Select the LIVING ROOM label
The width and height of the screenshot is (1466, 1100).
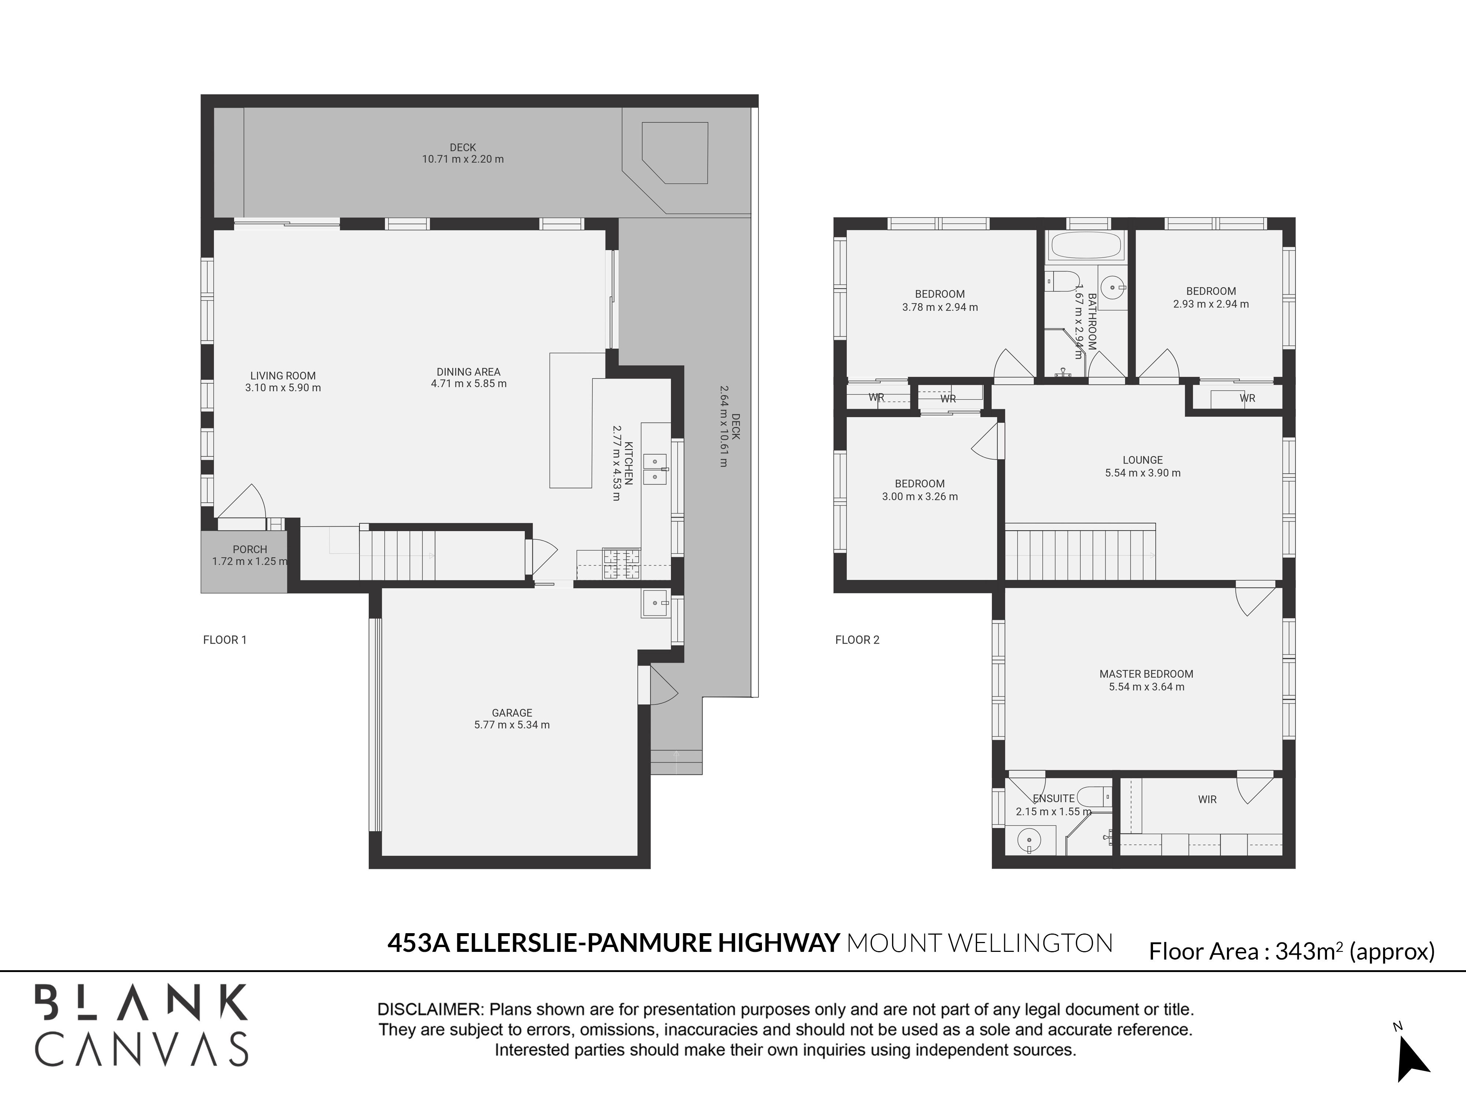[x=283, y=376]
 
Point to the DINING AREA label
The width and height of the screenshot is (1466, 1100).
[x=468, y=372]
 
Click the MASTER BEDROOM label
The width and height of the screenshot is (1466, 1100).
[x=1146, y=674]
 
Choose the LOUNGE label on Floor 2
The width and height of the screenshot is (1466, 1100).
[x=1143, y=459]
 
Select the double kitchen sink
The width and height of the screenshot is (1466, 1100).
[x=655, y=469]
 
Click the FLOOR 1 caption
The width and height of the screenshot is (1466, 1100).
[x=225, y=640]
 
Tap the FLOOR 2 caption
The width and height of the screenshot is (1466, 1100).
[x=857, y=640]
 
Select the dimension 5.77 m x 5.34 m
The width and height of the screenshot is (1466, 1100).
[x=512, y=725]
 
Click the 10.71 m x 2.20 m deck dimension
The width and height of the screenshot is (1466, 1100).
[x=463, y=159]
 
